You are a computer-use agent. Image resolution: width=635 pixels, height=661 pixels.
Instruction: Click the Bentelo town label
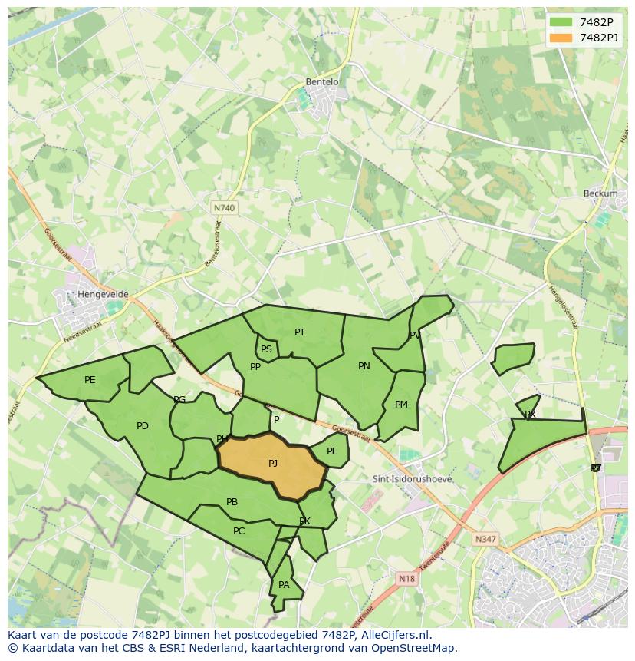(322, 82)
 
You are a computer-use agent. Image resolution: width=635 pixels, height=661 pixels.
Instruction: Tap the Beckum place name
(600, 193)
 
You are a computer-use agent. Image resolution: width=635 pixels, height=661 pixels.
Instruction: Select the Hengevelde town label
(103, 294)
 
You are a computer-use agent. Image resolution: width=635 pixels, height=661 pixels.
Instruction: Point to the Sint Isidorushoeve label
(412, 479)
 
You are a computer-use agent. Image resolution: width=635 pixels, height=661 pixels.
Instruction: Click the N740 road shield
(224, 208)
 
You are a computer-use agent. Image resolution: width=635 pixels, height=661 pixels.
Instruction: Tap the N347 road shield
(485, 539)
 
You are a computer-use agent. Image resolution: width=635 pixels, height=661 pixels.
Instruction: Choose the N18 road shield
(406, 579)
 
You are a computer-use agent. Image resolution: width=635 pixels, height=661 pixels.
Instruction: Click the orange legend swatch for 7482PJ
(561, 38)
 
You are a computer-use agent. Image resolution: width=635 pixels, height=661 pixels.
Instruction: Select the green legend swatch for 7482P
(561, 22)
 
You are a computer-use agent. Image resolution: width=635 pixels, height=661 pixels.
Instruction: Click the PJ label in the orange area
(273, 464)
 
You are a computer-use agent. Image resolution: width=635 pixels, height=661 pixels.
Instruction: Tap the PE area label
(90, 380)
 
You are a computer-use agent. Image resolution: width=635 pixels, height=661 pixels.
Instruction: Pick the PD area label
(142, 426)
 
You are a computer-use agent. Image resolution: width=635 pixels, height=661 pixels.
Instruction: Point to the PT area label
(300, 332)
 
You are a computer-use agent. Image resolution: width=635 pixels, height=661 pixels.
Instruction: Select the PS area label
(266, 349)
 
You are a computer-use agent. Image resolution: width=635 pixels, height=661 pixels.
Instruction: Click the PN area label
(364, 366)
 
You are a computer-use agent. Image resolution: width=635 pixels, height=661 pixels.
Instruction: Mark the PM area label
(401, 405)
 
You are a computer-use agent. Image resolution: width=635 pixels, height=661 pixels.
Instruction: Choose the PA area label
(284, 585)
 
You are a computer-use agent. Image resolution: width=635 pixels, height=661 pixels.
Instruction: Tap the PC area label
(239, 531)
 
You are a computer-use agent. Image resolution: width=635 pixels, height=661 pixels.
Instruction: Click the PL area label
(331, 451)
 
